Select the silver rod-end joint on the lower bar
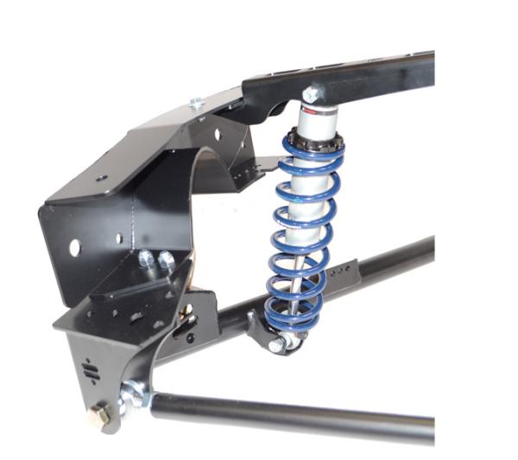click(x=133, y=396)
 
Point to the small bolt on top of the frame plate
click(x=197, y=104)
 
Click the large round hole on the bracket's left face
click(x=74, y=248)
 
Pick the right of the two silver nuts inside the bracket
click(x=164, y=259)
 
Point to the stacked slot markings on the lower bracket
click(x=91, y=369)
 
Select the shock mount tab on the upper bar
click(x=258, y=326)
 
